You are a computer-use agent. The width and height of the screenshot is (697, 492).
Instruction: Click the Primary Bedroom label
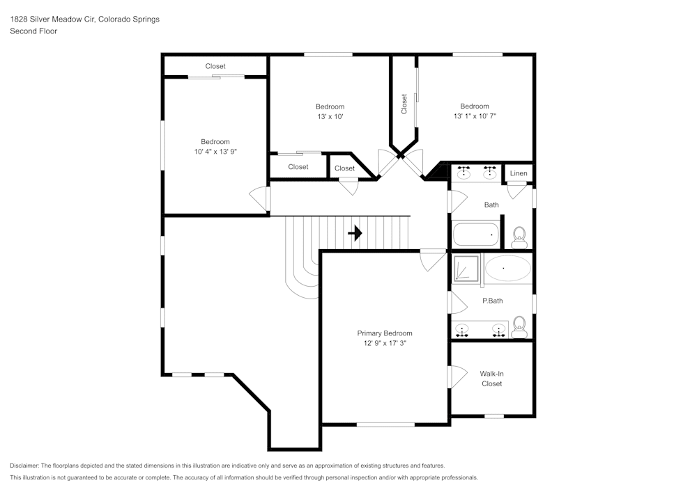[x=385, y=333]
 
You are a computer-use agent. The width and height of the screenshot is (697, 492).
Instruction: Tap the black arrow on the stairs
[x=355, y=233]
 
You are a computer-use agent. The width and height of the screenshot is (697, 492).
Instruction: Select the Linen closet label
[x=519, y=173]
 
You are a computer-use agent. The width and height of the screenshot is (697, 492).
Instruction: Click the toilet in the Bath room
[x=519, y=238]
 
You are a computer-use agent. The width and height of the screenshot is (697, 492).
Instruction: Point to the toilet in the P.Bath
[x=519, y=326]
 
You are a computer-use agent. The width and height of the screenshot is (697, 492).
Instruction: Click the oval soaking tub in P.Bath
[x=507, y=268]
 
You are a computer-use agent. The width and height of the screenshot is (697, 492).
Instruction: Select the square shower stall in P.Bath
[x=466, y=269]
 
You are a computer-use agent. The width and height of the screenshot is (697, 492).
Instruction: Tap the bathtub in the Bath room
[x=477, y=235]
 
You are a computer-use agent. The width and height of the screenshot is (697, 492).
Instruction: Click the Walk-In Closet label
[x=491, y=379]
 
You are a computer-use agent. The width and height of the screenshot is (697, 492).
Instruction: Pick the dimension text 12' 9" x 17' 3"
[x=385, y=343]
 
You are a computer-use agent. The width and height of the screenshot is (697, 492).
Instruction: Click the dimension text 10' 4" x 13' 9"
[x=215, y=151]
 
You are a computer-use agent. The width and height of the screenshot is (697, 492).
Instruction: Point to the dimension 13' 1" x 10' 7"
[x=475, y=116]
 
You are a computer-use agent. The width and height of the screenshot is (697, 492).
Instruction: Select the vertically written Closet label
[x=404, y=104]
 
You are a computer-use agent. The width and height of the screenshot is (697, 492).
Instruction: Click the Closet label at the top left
[x=215, y=66]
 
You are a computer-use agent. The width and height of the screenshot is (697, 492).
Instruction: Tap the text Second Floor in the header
[x=33, y=31]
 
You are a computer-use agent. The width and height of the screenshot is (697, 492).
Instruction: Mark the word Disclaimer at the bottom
[x=24, y=466]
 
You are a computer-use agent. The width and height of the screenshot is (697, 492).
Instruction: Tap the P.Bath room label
[x=492, y=301]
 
